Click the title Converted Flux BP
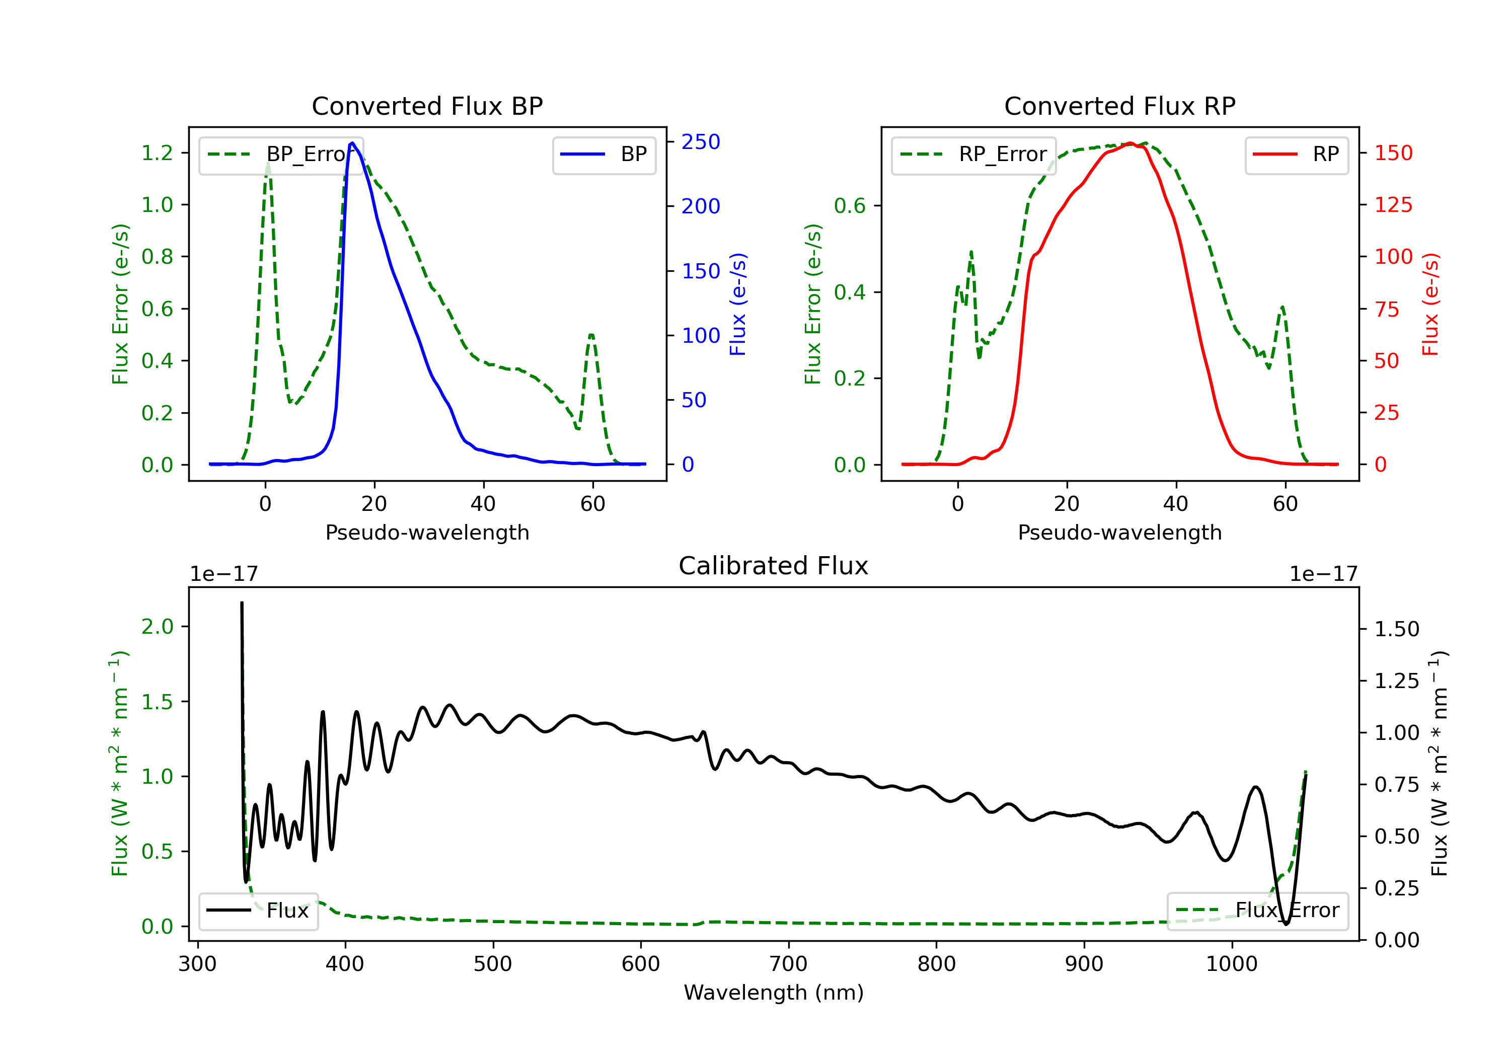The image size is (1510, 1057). [427, 106]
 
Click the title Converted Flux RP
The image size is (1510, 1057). [1119, 106]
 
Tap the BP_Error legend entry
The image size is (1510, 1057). [281, 155]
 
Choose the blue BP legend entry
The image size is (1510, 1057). [603, 155]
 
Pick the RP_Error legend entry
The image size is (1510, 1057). [973, 155]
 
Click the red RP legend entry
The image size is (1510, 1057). [1296, 155]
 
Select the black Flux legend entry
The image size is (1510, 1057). [259, 911]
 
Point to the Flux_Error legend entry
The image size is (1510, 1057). [1257, 911]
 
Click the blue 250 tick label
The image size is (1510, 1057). [701, 142]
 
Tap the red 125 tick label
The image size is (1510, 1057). [1393, 205]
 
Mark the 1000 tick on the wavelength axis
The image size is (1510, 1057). [1231, 964]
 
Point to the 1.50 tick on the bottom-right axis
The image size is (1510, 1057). [1397, 630]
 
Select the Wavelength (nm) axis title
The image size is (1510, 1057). [774, 993]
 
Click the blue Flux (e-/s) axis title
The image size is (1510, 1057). [738, 304]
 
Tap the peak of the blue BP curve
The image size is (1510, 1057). [352, 143]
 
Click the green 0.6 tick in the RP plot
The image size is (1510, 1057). [850, 206]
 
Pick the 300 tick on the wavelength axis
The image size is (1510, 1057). [197, 964]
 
